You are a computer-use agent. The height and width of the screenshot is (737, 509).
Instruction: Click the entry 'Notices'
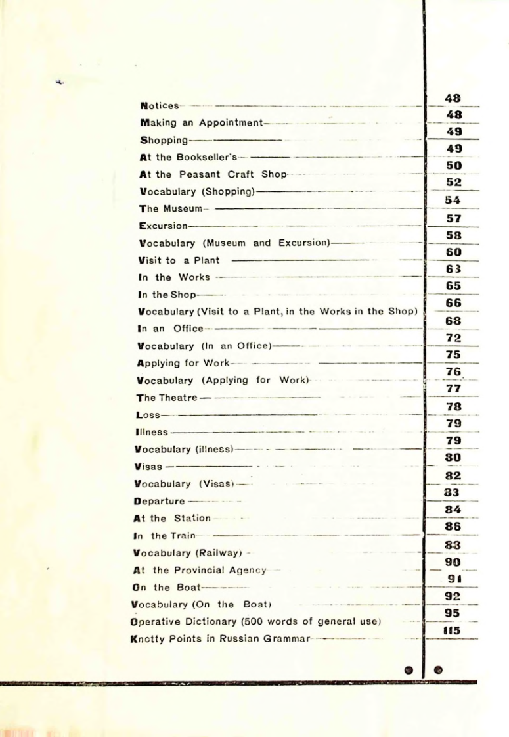(160, 105)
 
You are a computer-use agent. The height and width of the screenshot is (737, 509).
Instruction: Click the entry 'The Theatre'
(165, 398)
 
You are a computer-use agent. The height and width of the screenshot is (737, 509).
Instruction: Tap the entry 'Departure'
(158, 501)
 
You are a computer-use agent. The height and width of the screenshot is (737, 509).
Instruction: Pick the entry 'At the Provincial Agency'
(199, 570)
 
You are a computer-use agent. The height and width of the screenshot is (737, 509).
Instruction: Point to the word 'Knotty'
(146, 638)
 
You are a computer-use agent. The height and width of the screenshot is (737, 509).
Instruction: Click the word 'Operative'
(156, 621)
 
